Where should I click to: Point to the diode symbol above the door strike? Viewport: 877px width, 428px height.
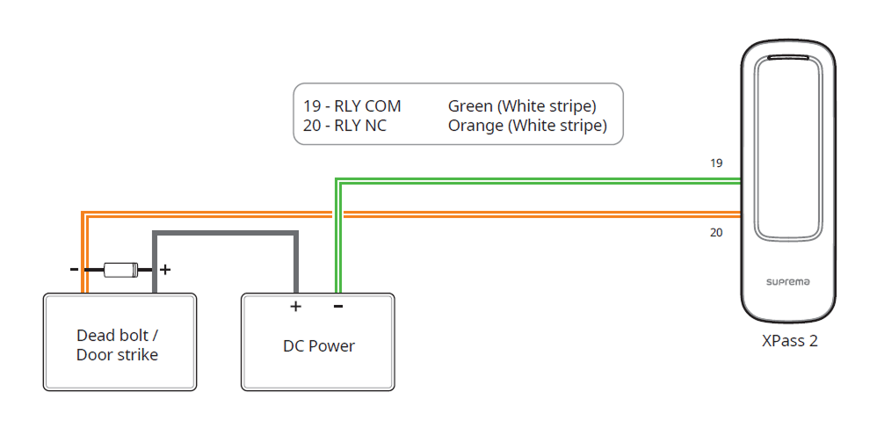click(x=120, y=270)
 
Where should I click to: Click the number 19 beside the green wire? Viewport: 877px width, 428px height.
click(x=717, y=163)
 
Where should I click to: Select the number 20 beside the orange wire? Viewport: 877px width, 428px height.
click(x=717, y=233)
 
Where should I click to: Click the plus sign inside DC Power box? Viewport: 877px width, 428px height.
click(x=295, y=307)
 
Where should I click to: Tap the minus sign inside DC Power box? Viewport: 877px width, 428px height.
click(x=338, y=307)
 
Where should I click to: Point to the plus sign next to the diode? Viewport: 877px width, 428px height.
click(x=164, y=270)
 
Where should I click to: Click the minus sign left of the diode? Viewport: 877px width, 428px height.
click(x=76, y=270)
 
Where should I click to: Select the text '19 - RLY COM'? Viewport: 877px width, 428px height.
click(x=352, y=106)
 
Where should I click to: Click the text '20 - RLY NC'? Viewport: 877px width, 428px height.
click(x=345, y=126)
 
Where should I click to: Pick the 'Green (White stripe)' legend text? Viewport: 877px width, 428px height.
click(x=522, y=106)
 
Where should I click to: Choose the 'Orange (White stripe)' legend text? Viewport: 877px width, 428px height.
click(x=527, y=126)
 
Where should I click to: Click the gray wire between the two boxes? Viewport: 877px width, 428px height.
click(x=226, y=233)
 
